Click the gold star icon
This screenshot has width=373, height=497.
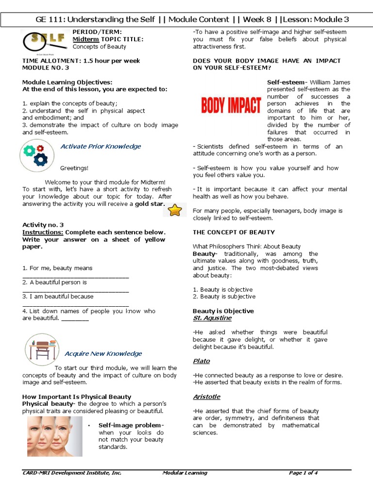pyautogui.click(x=174, y=210)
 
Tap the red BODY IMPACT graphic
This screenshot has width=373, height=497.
pyautogui.click(x=231, y=105)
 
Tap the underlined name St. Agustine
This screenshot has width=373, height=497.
pyautogui.click(x=212, y=318)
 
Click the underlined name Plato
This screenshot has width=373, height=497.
pyautogui.click(x=201, y=361)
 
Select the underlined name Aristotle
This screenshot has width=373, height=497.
pyautogui.click(x=207, y=397)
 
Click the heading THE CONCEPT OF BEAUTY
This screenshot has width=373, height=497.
pyautogui.click(x=234, y=232)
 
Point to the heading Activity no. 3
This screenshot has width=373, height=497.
pyautogui.click(x=43, y=225)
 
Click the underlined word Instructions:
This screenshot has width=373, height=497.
pyautogui.click(x=43, y=232)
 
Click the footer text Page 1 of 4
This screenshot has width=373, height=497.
pyautogui.click(x=303, y=473)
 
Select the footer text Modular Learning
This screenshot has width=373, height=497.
pyautogui.click(x=185, y=473)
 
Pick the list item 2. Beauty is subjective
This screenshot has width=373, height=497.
pyautogui.click(x=224, y=297)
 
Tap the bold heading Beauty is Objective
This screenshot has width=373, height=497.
pyautogui.click(x=223, y=311)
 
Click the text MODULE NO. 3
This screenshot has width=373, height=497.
pyautogui.click(x=46, y=68)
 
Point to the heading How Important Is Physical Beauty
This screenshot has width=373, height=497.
pyautogui.click(x=77, y=397)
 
